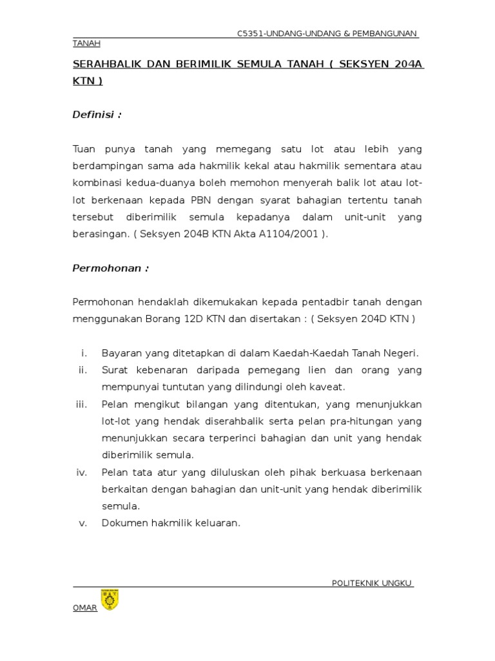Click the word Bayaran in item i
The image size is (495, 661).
[x=121, y=353]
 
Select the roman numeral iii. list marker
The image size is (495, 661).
[x=81, y=404]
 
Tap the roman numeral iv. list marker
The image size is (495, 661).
[x=81, y=472]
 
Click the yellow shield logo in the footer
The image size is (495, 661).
[x=110, y=600]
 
